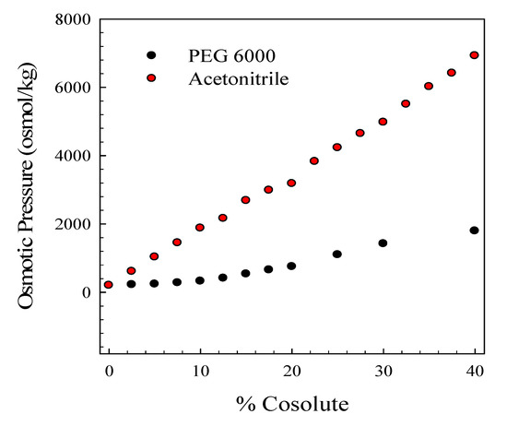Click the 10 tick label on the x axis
click(200, 371)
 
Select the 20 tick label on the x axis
click(291, 371)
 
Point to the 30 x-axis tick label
click(383, 371)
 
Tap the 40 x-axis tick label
click(474, 371)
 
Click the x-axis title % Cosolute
click(290, 404)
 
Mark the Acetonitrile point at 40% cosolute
click(475, 55)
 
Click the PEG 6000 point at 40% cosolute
click(475, 231)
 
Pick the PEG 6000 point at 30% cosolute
click(383, 243)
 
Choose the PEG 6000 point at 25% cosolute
click(337, 254)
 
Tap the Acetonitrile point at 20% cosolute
click(291, 183)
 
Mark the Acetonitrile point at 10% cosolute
click(200, 228)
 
